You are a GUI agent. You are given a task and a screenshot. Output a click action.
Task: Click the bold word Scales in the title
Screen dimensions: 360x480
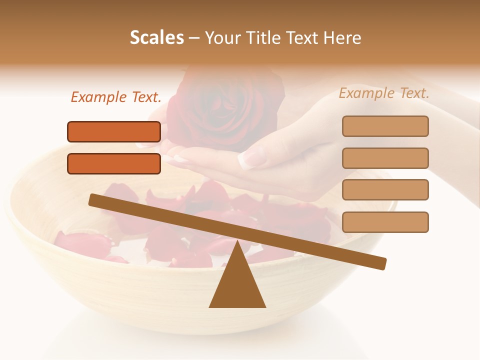click(x=156, y=37)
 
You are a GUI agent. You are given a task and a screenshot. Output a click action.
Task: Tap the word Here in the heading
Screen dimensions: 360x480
click(x=342, y=37)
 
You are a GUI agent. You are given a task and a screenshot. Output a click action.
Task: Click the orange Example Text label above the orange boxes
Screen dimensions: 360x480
click(x=116, y=97)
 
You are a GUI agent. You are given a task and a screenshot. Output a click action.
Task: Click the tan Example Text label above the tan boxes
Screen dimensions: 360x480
click(x=384, y=93)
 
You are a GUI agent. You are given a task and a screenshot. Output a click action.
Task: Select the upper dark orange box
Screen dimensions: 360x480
click(x=114, y=131)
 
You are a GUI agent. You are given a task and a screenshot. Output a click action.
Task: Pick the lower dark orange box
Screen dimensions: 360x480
click(x=114, y=163)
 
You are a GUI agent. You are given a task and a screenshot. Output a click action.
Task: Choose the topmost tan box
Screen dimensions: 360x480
click(x=385, y=126)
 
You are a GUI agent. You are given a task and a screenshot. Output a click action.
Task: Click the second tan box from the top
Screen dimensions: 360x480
click(x=385, y=158)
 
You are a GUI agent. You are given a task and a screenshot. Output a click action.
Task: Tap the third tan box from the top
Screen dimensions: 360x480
click(x=385, y=190)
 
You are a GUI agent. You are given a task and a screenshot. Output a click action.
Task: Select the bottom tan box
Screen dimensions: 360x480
click(x=385, y=222)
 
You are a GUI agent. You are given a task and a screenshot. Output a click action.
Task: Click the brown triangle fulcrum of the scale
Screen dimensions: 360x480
click(x=237, y=282)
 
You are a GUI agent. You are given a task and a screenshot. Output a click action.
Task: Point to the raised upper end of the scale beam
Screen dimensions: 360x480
click(x=93, y=199)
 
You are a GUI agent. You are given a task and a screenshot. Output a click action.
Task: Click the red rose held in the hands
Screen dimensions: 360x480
click(x=225, y=107)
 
